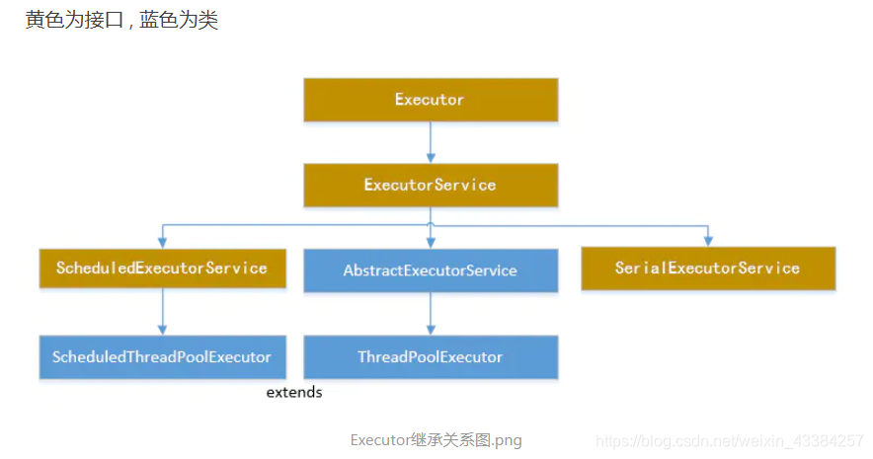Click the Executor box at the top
[430, 100]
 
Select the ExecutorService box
[430, 185]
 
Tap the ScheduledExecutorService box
[162, 268]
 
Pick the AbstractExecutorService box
[430, 269]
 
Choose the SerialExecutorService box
[707, 268]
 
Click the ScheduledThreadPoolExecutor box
[162, 356]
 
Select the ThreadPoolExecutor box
[430, 356]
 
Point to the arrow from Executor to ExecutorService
[430, 142]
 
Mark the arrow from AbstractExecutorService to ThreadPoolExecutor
[430, 314]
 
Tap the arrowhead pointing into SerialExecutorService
[707, 240]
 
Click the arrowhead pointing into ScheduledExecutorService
[162, 240]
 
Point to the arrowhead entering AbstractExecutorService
[430, 241]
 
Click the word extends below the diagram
[294, 393]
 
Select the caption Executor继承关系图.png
[436, 440]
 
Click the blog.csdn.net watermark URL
[731, 440]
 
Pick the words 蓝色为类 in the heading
[179, 21]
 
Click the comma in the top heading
[130, 24]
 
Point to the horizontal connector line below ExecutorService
[296, 226]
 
